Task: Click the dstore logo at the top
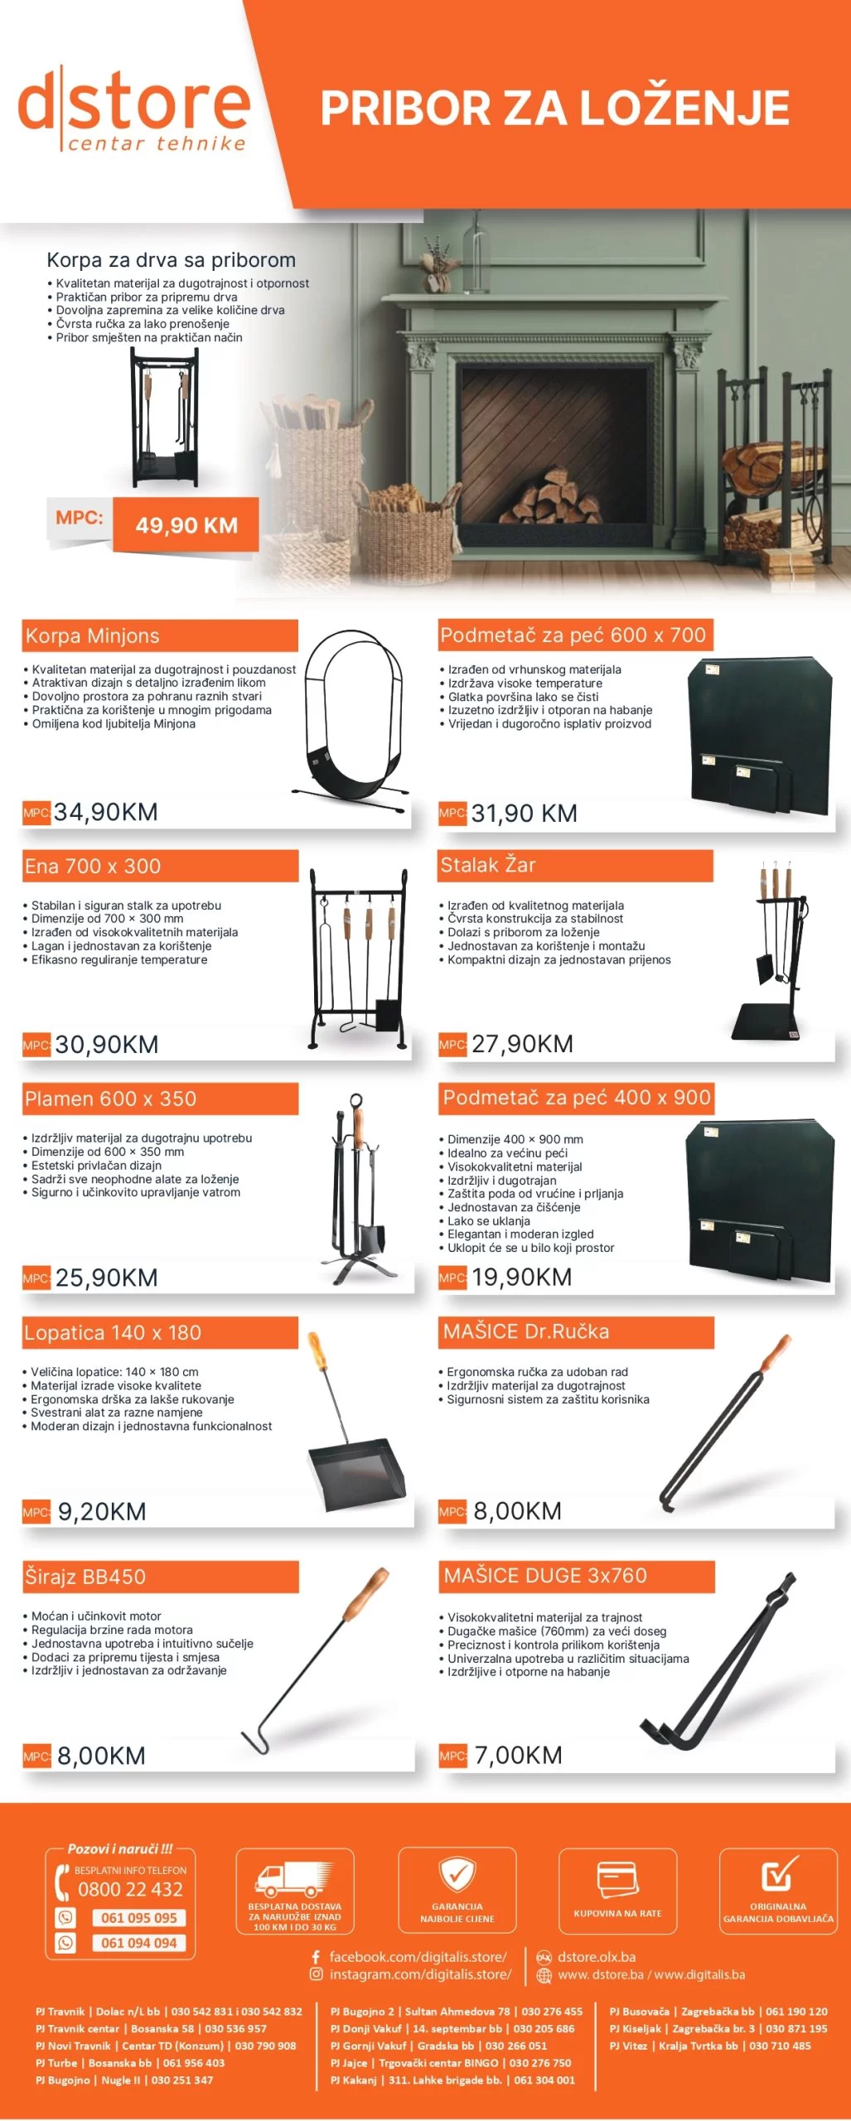[133, 108]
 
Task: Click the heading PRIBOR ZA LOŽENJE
[554, 108]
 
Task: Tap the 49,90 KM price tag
[186, 525]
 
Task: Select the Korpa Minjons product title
[92, 635]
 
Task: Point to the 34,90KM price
[105, 812]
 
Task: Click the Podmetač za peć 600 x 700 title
[573, 635]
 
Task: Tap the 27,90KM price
[522, 1044]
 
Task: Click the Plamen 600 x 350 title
[110, 1099]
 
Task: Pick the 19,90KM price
[521, 1277]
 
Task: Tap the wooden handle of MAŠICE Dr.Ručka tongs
[775, 1354]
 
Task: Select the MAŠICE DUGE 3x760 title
[545, 1575]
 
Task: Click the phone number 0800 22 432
[130, 1889]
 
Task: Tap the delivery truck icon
[294, 1881]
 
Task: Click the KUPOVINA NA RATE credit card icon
[617, 1880]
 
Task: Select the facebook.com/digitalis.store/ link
[418, 1957]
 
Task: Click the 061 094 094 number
[138, 1943]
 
